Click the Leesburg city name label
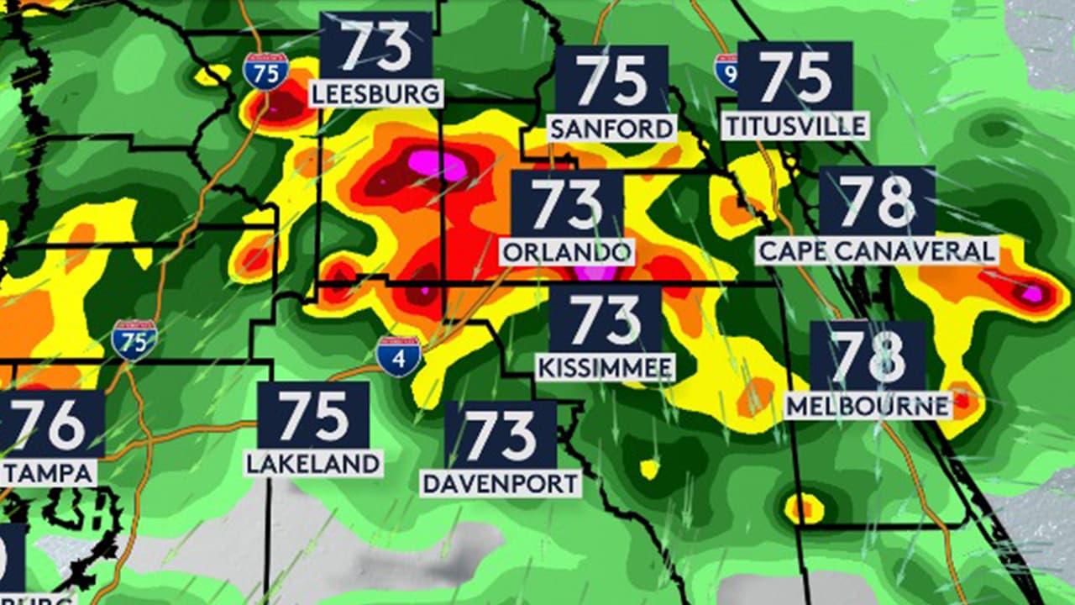(376, 92)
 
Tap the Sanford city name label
(611, 128)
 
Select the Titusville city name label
(794, 126)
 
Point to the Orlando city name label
(567, 251)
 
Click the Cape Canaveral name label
(877, 250)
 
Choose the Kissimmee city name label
(605, 367)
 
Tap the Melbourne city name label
(868, 406)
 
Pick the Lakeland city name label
(313, 463)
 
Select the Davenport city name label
(501, 483)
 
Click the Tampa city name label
(48, 473)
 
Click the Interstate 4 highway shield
(398, 355)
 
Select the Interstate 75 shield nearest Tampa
(134, 339)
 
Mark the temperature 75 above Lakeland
(313, 416)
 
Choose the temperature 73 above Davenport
(501, 434)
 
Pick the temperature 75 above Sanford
(611, 80)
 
